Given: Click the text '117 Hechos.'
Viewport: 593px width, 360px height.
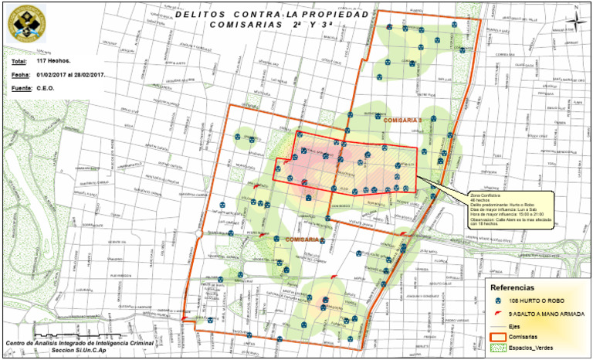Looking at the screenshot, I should click(54, 60).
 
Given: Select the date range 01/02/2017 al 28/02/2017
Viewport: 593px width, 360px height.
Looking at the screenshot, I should click(70, 75).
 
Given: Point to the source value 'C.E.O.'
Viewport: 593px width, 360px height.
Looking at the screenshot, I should click(46, 89).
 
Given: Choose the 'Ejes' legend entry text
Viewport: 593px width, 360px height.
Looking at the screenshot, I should click(514, 327).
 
